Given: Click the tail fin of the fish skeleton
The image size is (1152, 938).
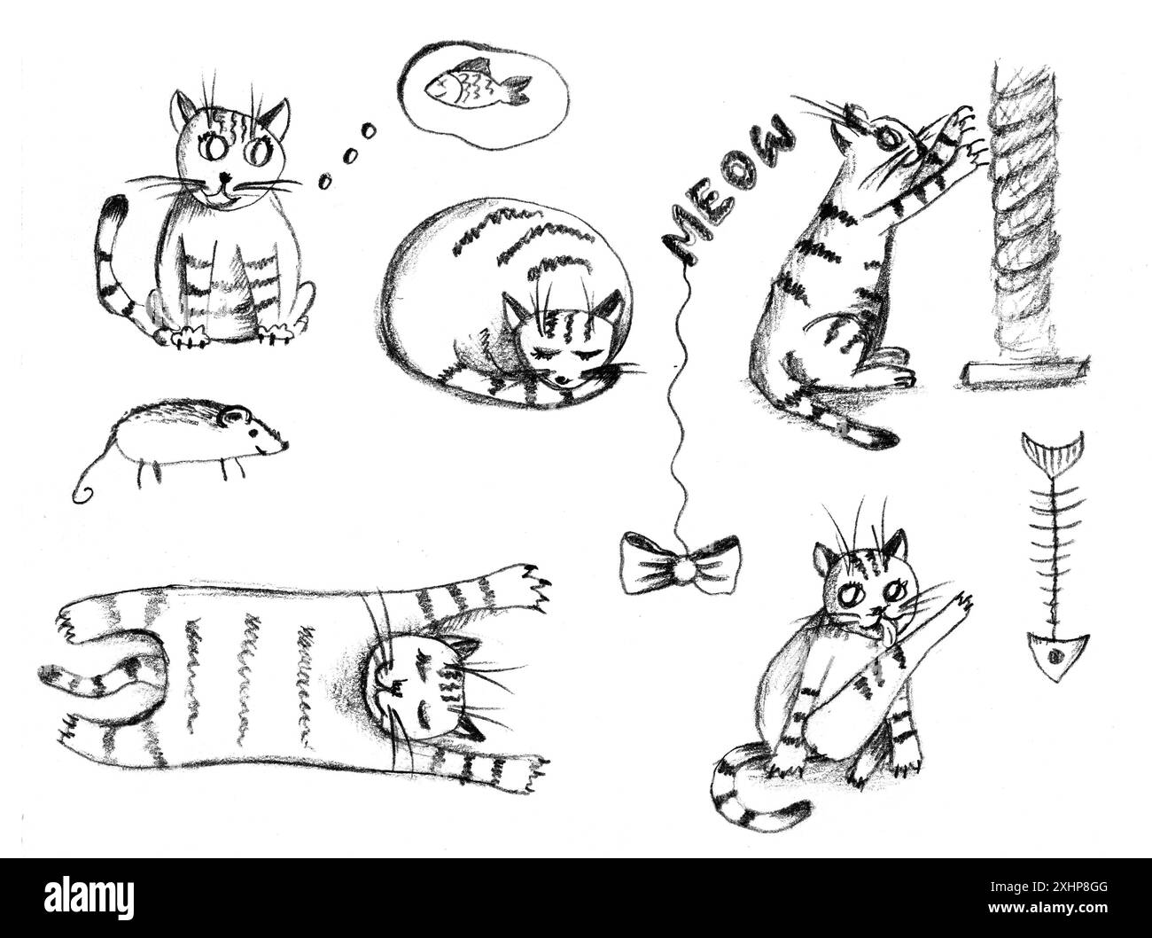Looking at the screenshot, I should click(1054, 450).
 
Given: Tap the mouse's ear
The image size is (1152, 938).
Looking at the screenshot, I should click(233, 413).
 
